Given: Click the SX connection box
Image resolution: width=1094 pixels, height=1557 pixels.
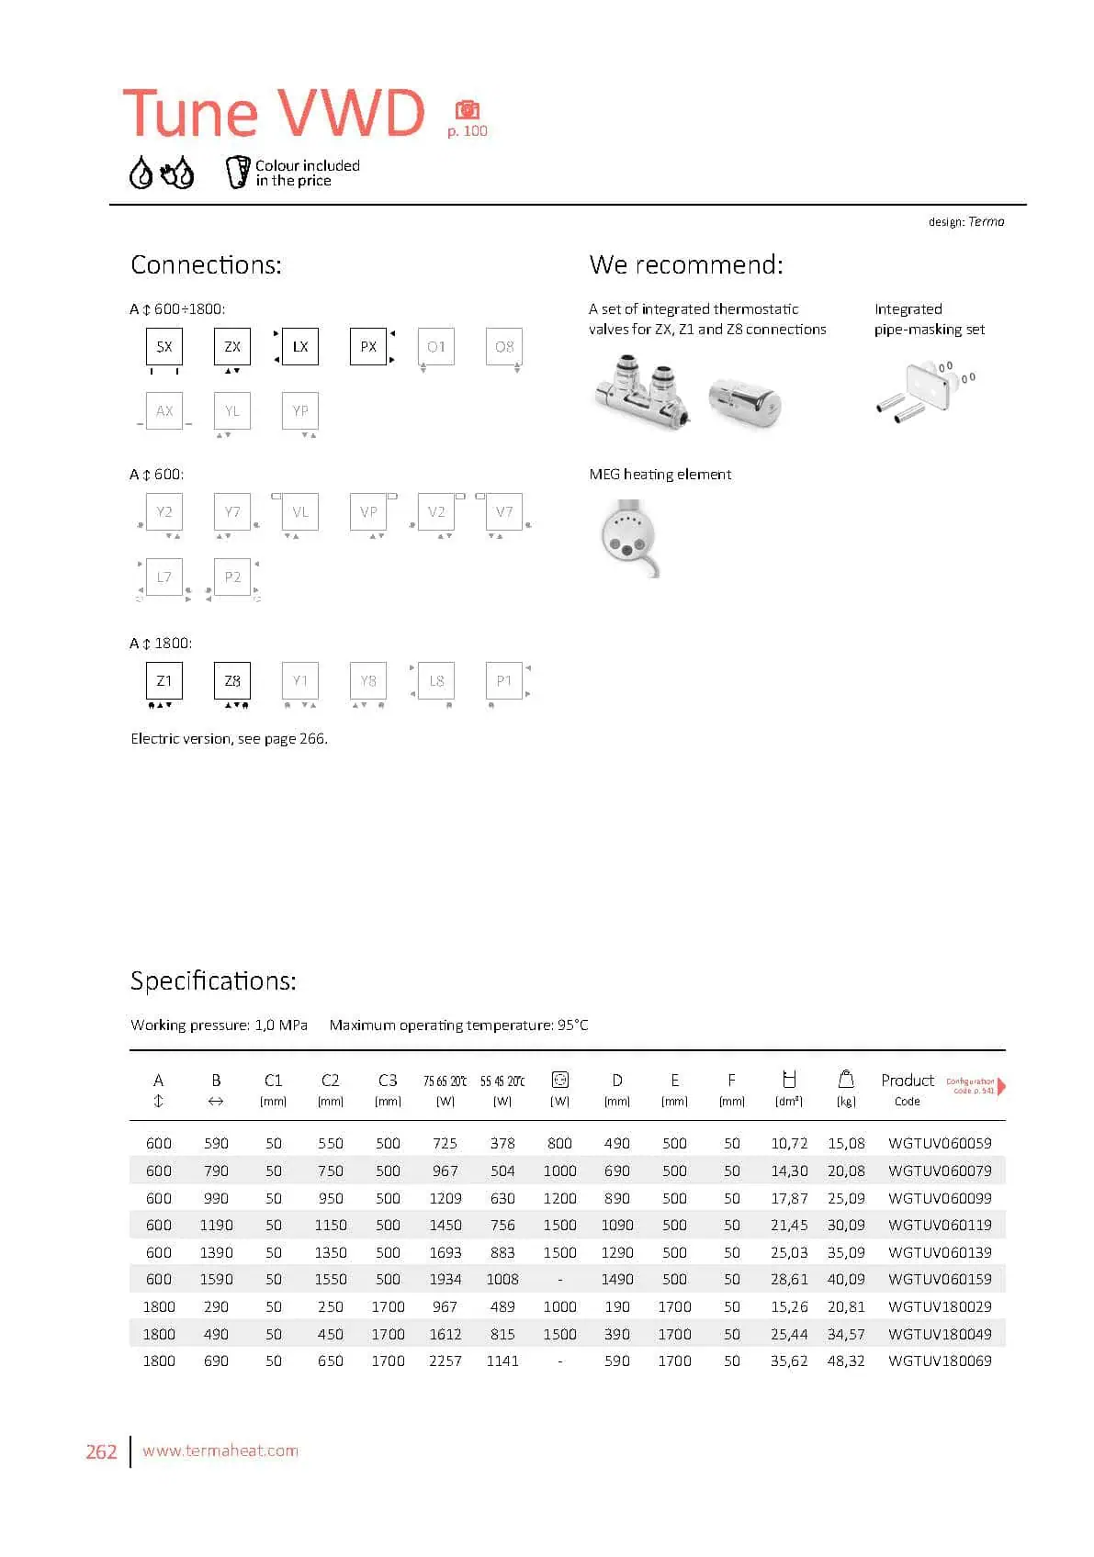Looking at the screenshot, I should click(x=164, y=347).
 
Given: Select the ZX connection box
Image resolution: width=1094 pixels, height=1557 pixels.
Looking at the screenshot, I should click(x=232, y=347).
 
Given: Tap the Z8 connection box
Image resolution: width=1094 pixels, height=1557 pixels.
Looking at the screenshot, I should click(x=232, y=681).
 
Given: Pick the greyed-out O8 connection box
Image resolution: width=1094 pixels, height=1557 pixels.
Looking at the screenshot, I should click(x=504, y=347).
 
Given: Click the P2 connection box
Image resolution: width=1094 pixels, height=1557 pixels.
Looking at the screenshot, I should click(x=232, y=577).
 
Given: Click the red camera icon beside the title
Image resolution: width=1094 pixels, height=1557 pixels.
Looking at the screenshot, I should click(x=468, y=110).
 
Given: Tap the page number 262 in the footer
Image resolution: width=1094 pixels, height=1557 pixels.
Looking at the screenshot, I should click(x=101, y=1451).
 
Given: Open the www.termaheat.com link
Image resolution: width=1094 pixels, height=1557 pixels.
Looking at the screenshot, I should click(x=220, y=1451).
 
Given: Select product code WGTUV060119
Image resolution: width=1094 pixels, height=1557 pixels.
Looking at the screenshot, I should click(x=940, y=1225).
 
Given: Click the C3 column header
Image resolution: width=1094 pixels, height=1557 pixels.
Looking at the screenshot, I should click(x=388, y=1081).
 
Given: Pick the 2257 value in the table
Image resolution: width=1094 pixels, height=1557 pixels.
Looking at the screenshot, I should click(x=445, y=1361).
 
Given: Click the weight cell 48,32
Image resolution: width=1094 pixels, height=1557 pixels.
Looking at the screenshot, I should click(x=846, y=1361).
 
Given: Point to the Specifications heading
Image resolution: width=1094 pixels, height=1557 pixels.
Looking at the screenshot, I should click(x=213, y=980).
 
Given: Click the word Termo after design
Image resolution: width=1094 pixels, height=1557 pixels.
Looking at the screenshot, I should click(x=987, y=221).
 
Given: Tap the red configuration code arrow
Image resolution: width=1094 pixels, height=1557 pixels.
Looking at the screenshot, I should click(x=1001, y=1086).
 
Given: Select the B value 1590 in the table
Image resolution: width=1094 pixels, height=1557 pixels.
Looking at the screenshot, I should click(x=216, y=1279).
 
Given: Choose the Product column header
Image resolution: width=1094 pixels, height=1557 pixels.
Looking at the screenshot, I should click(x=907, y=1081).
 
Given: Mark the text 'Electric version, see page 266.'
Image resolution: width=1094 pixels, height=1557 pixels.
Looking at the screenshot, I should click(x=229, y=738).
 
